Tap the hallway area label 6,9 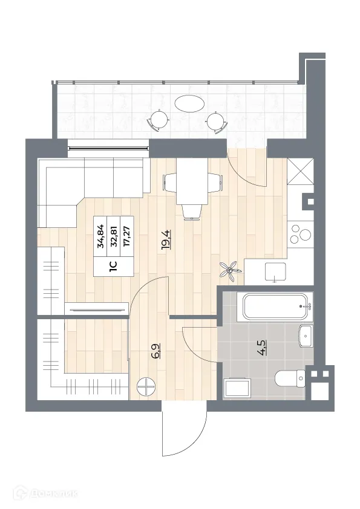156,352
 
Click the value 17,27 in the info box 126,234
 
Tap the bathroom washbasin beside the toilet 306,334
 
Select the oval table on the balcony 189,103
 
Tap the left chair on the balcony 158,119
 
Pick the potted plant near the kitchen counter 228,270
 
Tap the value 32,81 113,234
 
